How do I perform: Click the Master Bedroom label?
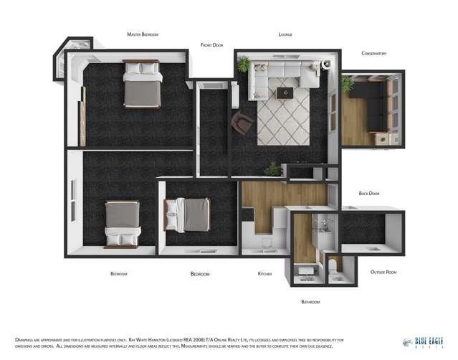pyautogui.click(x=142, y=34)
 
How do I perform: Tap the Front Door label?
pyautogui.click(x=211, y=45)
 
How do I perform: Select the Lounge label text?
pyautogui.click(x=285, y=34)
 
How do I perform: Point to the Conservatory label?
pyautogui.click(x=373, y=54)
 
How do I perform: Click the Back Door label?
pyautogui.click(x=369, y=194)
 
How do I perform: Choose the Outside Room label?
pyautogui.click(x=383, y=272)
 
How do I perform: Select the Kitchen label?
pyautogui.click(x=265, y=274)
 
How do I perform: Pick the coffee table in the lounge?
pyautogui.click(x=287, y=92)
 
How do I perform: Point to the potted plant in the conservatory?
pyautogui.click(x=348, y=85)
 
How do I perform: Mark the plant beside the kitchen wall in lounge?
pyautogui.click(x=272, y=169)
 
